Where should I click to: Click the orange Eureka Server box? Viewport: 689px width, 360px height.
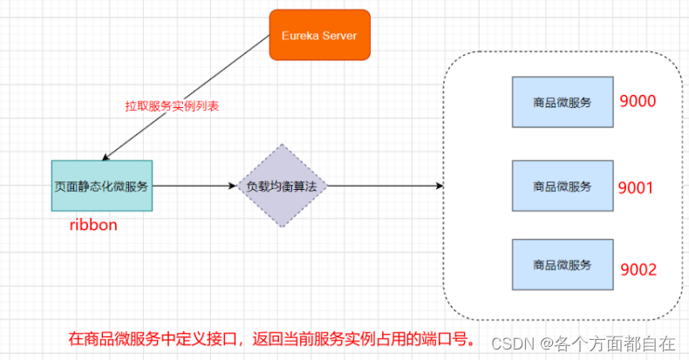[x=319, y=35]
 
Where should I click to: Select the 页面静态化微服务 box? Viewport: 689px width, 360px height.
[x=101, y=185]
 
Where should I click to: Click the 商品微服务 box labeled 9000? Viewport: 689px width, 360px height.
[x=562, y=102]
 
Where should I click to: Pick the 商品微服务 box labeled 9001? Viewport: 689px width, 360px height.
[x=562, y=186]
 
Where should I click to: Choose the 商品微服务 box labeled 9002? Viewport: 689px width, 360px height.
[x=562, y=264]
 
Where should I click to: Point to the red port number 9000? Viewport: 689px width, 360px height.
[x=638, y=101]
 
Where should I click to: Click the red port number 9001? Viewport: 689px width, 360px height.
[x=636, y=187]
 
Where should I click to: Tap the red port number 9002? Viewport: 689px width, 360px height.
[x=638, y=270]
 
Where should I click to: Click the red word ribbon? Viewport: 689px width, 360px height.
[x=93, y=225]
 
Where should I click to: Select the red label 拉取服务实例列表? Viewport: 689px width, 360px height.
[x=172, y=106]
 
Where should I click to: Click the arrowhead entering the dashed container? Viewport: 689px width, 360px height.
[x=439, y=186]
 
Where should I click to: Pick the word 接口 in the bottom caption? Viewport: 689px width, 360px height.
[x=218, y=336]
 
